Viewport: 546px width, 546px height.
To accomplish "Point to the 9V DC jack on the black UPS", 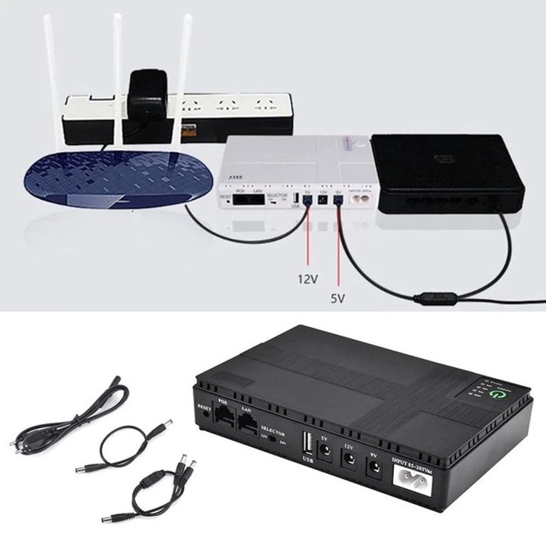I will [x=372, y=469].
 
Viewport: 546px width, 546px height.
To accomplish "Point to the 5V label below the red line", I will [x=338, y=299].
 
